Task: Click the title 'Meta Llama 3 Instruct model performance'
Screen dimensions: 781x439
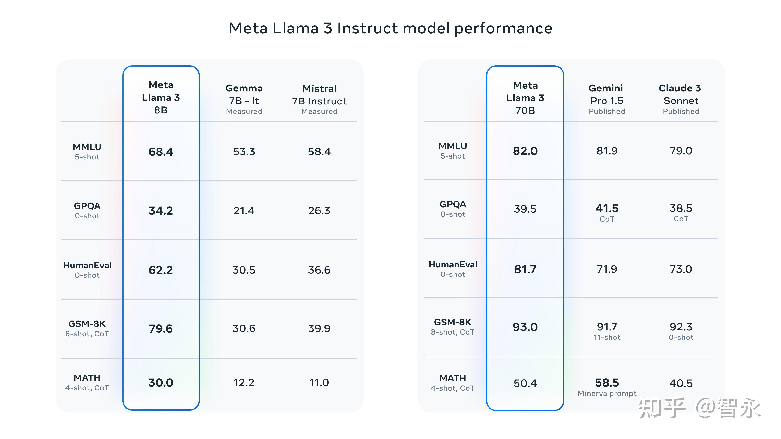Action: point(390,28)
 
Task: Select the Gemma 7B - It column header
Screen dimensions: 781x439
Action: point(244,99)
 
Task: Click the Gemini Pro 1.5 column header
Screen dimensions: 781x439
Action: point(607,99)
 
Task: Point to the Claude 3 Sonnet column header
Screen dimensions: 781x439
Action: point(681,99)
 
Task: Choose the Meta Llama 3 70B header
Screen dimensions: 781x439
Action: point(525,98)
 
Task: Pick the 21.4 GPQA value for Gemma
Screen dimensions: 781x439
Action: point(244,211)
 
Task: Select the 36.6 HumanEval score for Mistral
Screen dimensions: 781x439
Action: point(319,270)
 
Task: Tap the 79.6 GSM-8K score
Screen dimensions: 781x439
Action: point(161,329)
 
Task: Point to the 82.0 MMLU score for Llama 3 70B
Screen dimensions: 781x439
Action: point(525,151)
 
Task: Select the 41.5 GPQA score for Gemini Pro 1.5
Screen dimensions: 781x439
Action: point(607,209)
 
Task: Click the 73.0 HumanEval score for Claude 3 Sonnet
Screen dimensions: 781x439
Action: point(681,269)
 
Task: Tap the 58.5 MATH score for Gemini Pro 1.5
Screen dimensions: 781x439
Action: point(607,383)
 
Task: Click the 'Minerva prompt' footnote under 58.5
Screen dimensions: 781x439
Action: point(607,393)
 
